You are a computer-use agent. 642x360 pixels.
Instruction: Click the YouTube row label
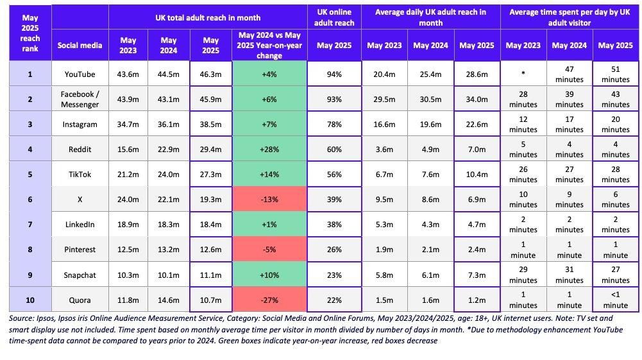(80, 74)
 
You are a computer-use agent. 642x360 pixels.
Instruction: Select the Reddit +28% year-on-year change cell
(269, 150)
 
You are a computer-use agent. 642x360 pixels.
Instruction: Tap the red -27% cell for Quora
(269, 300)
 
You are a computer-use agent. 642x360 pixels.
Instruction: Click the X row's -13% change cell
(269, 200)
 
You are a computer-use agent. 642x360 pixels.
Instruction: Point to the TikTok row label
(80, 175)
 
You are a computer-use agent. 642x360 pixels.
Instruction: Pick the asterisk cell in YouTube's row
(523, 74)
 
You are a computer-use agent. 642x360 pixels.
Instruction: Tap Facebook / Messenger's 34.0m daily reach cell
(477, 99)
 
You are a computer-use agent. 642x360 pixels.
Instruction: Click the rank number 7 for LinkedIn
(30, 225)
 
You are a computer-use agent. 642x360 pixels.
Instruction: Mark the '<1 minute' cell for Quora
(615, 300)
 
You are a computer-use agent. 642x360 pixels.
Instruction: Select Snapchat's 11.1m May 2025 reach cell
(211, 275)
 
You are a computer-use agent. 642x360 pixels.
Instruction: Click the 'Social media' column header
(80, 46)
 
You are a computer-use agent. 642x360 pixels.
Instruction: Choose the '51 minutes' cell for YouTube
(615, 74)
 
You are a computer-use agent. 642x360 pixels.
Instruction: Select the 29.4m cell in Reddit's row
(211, 150)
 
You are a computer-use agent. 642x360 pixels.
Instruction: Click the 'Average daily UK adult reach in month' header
(430, 17)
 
